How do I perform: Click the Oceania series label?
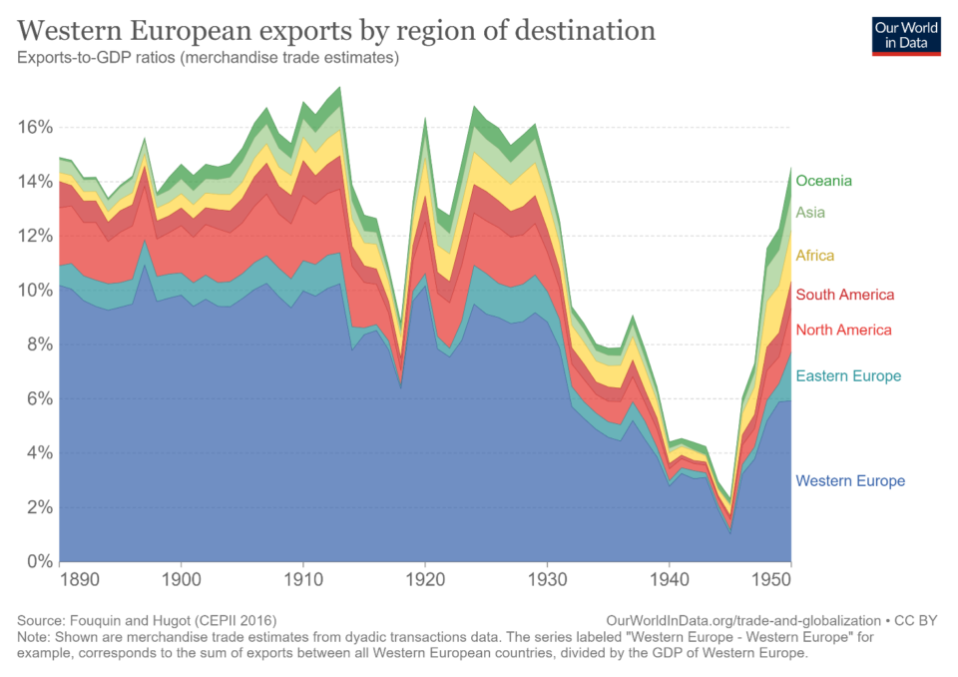[x=823, y=181]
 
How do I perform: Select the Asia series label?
[x=810, y=212]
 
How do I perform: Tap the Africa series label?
[x=814, y=256]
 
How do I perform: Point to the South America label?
[x=844, y=295]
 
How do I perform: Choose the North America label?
[x=843, y=330]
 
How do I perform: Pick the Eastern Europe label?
[x=848, y=376]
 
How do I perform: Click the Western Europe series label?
[x=850, y=481]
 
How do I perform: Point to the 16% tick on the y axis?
[x=36, y=127]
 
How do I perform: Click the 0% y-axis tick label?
[x=40, y=561]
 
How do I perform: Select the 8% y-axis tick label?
[x=40, y=344]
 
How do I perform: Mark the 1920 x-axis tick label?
[x=425, y=578]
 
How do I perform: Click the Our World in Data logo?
[x=906, y=35]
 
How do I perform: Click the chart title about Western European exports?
[x=336, y=30]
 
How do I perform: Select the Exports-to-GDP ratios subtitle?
[x=209, y=58]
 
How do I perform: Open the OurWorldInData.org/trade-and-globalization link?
[x=742, y=620]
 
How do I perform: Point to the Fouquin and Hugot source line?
[x=147, y=620]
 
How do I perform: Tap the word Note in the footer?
[x=35, y=637]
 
